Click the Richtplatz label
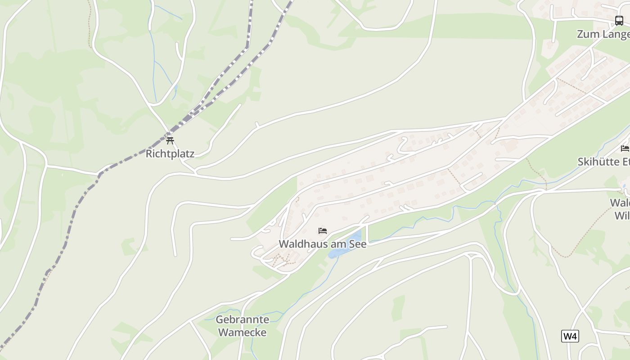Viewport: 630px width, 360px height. pos(170,154)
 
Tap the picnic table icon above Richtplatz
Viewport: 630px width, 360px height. pos(170,140)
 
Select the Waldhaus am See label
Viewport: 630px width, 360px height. pos(323,244)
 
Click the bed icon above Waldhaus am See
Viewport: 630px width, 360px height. pos(323,231)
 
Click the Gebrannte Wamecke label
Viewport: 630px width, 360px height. pos(242,326)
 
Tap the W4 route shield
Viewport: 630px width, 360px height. pos(570,336)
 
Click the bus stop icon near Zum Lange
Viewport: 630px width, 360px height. pos(619,21)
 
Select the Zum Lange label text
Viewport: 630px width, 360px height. pos(603,34)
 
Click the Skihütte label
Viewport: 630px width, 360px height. pos(603,162)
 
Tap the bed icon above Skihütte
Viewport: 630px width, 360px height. pos(625,148)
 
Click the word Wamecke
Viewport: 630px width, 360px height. pos(242,333)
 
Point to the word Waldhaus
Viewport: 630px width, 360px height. pos(299,244)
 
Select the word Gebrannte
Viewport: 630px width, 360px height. pos(242,320)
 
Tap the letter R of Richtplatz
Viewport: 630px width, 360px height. pos(149,154)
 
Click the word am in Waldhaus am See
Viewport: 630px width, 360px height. pos(334,244)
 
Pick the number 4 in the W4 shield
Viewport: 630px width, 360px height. pos(574,336)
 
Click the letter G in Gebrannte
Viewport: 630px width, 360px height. pos(220,320)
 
